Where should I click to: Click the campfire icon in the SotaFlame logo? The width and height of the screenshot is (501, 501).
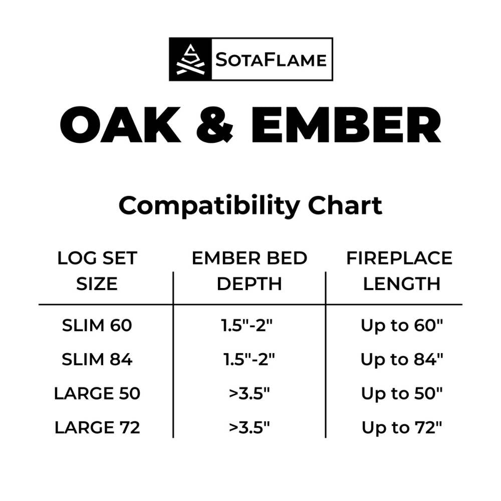click(x=190, y=59)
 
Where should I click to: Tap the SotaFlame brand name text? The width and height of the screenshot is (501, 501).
click(x=271, y=60)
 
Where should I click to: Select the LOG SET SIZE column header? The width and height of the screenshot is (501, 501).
click(x=97, y=271)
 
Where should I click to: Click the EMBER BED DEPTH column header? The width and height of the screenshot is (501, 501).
click(x=249, y=271)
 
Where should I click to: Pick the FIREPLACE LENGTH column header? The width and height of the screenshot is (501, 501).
click(x=400, y=271)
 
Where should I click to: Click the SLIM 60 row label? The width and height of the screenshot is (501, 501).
click(x=97, y=326)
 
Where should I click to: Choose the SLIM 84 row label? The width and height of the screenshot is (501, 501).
click(x=97, y=360)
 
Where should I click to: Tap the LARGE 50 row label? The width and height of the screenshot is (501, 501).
click(x=97, y=394)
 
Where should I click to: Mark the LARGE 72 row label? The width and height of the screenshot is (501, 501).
click(x=97, y=428)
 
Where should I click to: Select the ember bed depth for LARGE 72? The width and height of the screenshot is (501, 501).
click(x=249, y=428)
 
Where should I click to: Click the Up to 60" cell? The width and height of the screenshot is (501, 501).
click(x=402, y=326)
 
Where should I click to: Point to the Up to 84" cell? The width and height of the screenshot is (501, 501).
click(x=402, y=360)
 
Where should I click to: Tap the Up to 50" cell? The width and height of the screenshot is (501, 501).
click(x=402, y=394)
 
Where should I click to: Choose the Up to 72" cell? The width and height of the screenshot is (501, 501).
click(x=402, y=428)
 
